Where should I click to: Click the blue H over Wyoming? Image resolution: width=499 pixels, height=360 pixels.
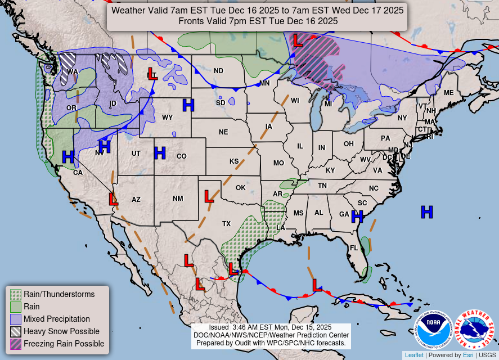(x=188, y=105)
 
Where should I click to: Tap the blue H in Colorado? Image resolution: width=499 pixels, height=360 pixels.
(x=160, y=153)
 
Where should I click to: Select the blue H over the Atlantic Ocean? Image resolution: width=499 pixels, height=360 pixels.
(x=427, y=212)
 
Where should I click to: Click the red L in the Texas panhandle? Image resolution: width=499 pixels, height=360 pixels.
(x=209, y=196)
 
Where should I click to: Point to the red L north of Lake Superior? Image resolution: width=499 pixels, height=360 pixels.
(x=298, y=40)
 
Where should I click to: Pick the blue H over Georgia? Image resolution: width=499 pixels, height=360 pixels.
(x=357, y=216)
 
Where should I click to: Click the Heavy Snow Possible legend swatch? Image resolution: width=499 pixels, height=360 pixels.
(x=16, y=331)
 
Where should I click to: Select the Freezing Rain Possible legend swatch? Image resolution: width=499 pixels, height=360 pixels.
(x=16, y=344)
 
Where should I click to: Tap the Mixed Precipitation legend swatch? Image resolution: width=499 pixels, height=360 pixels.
(x=16, y=319)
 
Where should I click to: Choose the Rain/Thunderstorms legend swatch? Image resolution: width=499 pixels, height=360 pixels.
(x=16, y=294)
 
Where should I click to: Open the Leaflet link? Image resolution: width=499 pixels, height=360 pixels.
(x=414, y=355)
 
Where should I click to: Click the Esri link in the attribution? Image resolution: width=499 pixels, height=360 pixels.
(x=468, y=355)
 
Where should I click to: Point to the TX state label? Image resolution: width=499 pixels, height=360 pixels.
(x=226, y=224)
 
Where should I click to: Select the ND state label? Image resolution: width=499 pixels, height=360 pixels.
(x=218, y=71)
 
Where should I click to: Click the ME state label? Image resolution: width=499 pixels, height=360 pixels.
(x=448, y=93)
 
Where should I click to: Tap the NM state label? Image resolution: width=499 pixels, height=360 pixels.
(x=178, y=199)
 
